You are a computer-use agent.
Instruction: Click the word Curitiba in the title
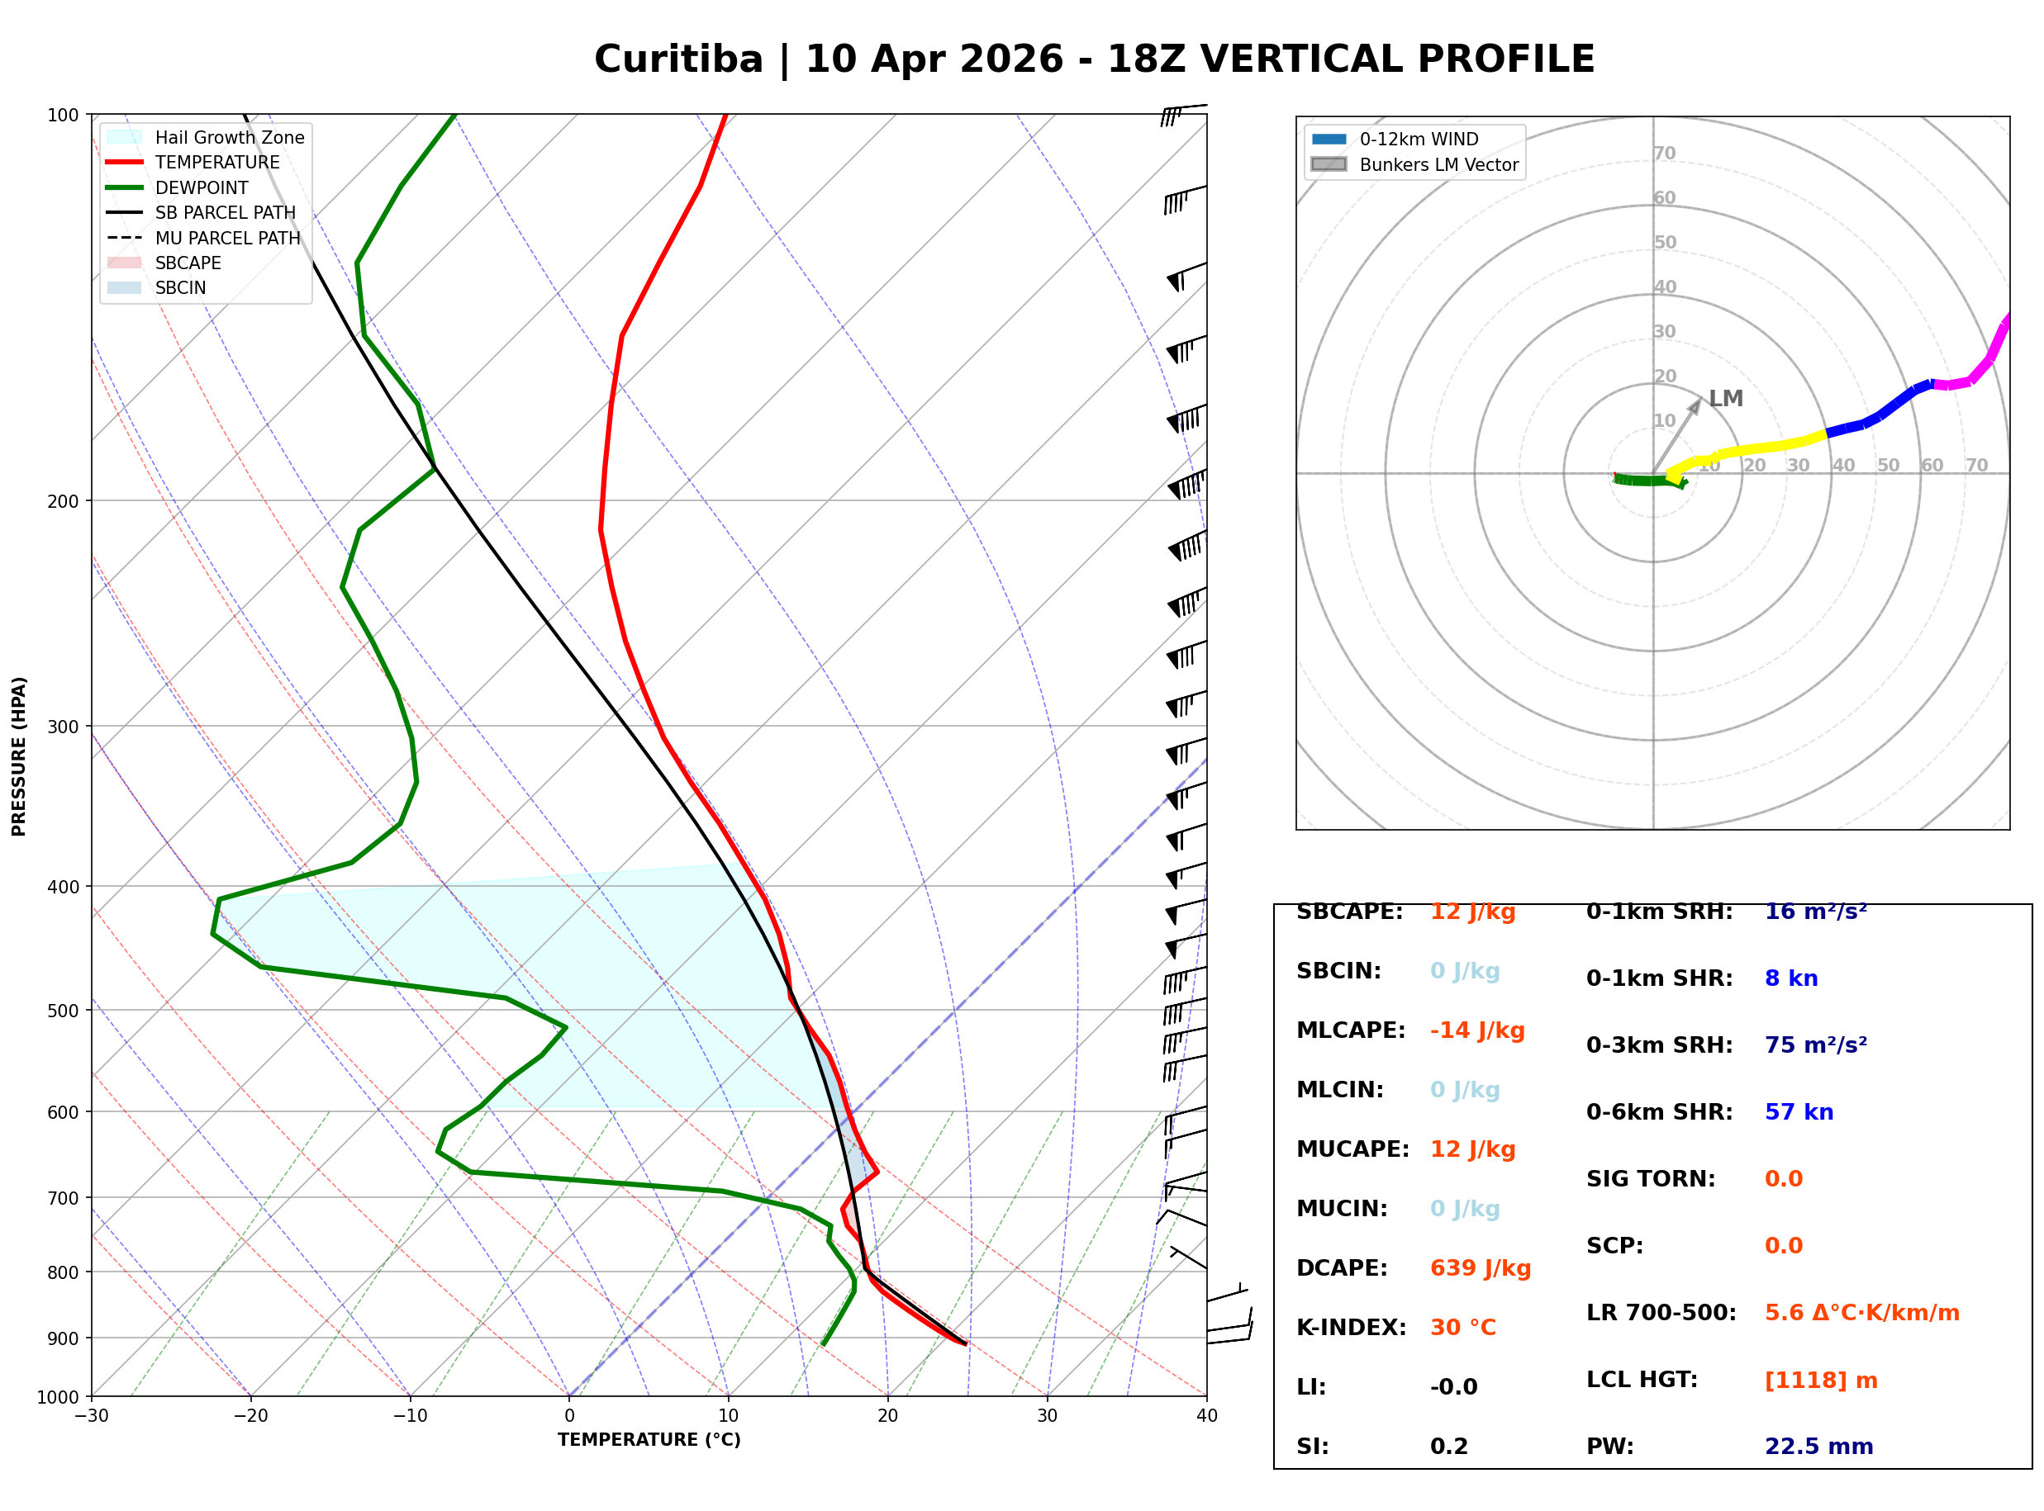point(678,59)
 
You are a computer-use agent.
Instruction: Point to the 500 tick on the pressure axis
point(61,1011)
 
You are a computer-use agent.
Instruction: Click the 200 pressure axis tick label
point(61,501)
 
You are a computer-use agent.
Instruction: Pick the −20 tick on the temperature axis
point(250,1416)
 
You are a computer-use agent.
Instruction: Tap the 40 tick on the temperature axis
point(1206,1416)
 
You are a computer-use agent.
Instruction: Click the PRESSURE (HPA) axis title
point(19,755)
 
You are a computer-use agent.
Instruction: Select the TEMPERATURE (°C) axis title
point(649,1440)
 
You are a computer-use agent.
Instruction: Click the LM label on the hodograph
point(1726,399)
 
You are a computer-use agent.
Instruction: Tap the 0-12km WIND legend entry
point(1419,139)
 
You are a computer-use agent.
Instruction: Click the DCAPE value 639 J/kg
point(1480,1268)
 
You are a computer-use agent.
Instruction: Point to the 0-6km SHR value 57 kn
point(1799,1112)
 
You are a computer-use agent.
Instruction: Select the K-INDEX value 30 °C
point(1462,1328)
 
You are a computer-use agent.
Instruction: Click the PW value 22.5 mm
point(1818,1447)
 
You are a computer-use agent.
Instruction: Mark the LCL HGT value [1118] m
point(1820,1381)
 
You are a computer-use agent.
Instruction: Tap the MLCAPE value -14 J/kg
point(1476,1030)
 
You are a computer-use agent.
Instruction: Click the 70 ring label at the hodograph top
point(1664,153)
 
